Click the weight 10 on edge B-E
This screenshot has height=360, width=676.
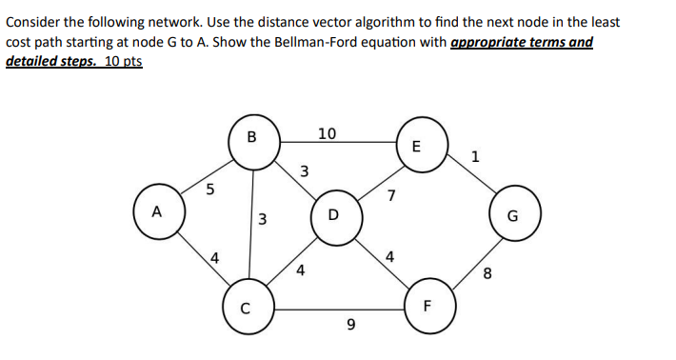326,133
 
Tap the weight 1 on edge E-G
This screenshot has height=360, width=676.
475,157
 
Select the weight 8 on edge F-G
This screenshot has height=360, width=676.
487,276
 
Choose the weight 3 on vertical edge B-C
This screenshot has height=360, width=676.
262,223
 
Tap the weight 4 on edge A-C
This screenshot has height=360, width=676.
216,257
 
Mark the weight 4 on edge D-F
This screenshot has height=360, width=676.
389,256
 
